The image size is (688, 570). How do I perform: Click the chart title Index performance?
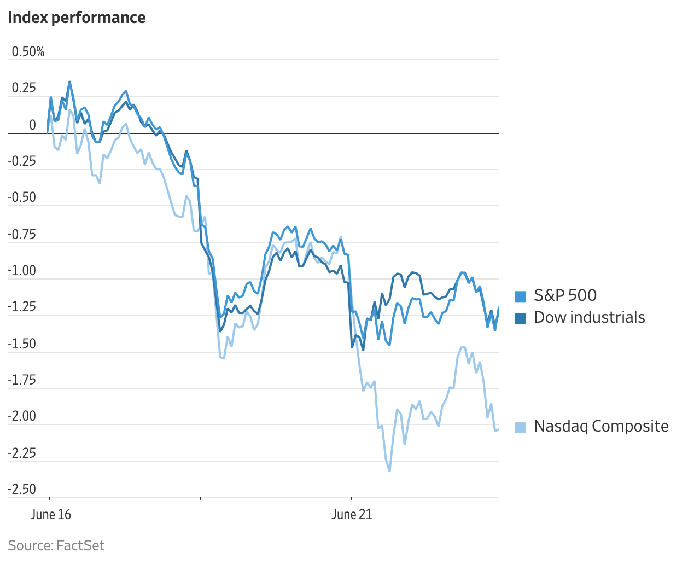(x=77, y=18)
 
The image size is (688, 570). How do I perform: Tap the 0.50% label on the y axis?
(x=28, y=52)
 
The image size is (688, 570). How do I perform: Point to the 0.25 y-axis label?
(x=24, y=89)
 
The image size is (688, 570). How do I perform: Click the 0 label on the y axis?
(x=32, y=125)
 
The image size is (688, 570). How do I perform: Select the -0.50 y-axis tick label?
(x=22, y=197)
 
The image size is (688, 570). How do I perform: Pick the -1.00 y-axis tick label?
(x=22, y=271)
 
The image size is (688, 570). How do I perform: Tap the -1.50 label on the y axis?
(x=22, y=344)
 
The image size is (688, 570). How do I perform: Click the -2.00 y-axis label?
(x=22, y=416)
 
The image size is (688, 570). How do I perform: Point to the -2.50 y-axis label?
(x=22, y=489)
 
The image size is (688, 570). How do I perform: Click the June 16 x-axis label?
(x=51, y=515)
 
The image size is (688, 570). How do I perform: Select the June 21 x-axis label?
(x=352, y=515)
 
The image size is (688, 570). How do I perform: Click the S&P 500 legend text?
(x=565, y=295)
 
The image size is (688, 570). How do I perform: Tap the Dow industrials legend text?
(x=589, y=317)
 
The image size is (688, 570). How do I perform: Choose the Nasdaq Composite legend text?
(x=601, y=426)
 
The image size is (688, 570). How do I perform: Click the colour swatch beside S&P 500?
(x=521, y=296)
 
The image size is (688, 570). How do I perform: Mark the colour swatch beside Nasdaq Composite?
(x=521, y=427)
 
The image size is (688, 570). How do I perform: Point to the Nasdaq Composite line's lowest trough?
(x=389, y=470)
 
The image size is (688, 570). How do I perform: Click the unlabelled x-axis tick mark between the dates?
(x=201, y=498)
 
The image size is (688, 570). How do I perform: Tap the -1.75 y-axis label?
(x=22, y=380)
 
